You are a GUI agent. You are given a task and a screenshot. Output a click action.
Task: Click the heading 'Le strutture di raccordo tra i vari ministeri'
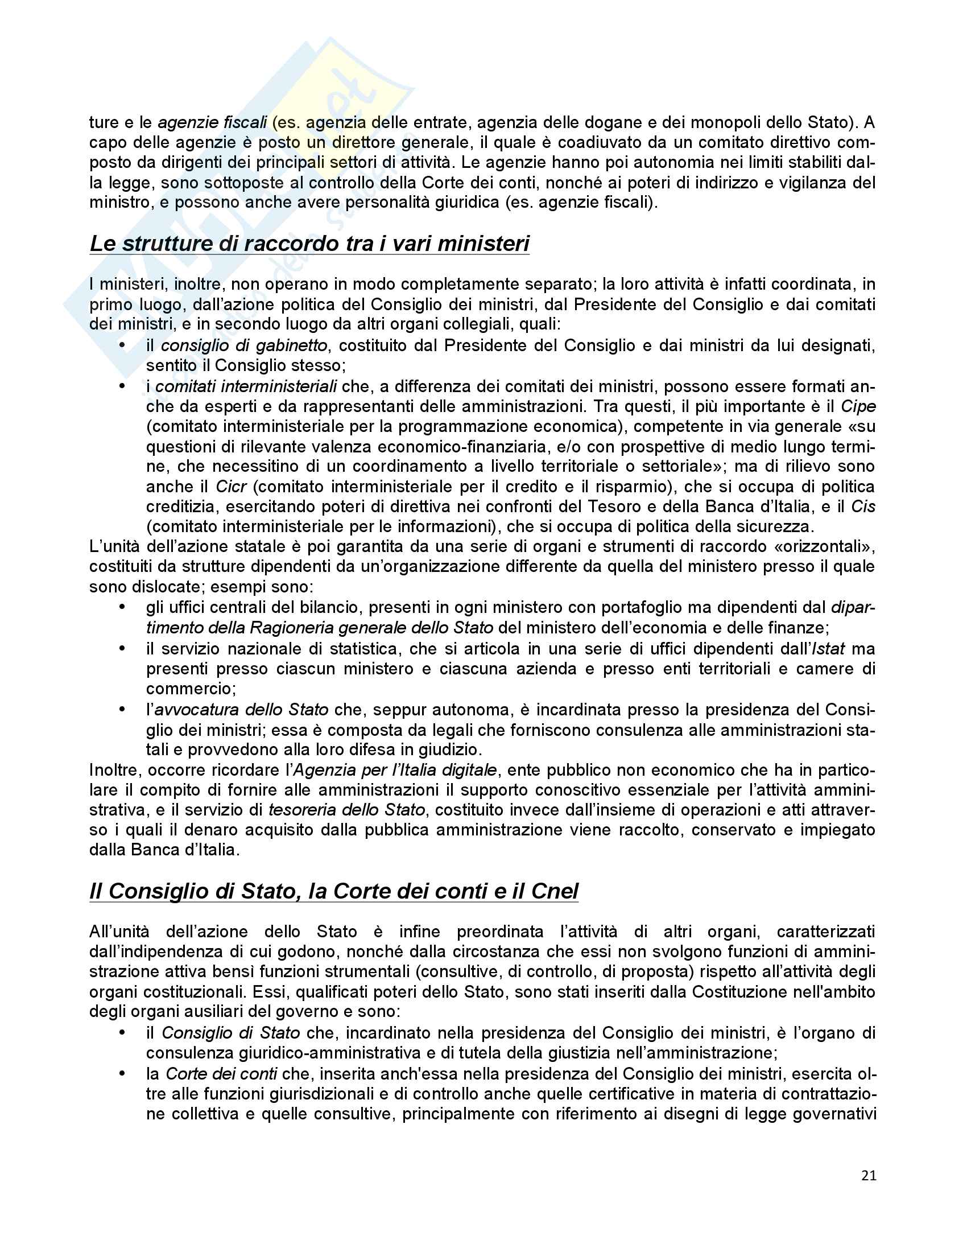coord(309,244)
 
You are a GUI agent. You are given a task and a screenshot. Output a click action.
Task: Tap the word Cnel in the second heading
coord(555,891)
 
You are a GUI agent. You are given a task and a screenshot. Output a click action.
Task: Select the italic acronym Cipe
coord(858,406)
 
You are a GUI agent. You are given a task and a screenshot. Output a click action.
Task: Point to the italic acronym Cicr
coord(231,487)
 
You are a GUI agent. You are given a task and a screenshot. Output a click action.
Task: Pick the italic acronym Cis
coord(863,506)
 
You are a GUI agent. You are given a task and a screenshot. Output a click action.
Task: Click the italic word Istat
coord(828,649)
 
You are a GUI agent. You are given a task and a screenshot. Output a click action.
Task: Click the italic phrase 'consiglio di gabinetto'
coord(244,345)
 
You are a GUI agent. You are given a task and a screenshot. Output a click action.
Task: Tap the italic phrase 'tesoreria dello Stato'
coord(346,810)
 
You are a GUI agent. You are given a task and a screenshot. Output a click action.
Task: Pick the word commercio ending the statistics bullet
coord(188,689)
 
